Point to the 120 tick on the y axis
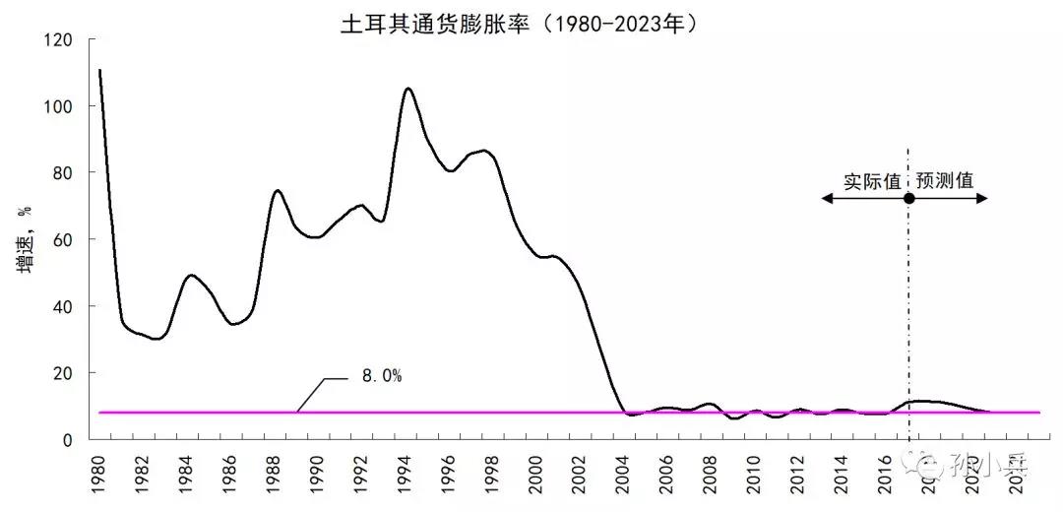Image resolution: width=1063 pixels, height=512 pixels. pyautogui.click(x=61, y=39)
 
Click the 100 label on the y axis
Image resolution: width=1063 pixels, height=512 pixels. pyautogui.click(x=61, y=106)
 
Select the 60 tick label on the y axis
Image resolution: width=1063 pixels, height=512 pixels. pyautogui.click(x=65, y=239)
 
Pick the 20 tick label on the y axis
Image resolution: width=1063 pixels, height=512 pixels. pyautogui.click(x=65, y=373)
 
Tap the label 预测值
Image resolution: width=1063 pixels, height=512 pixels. pyautogui.click(x=945, y=181)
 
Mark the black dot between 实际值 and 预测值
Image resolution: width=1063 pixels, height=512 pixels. pyautogui.click(x=908, y=198)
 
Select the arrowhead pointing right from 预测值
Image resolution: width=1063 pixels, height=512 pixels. pyautogui.click(x=982, y=198)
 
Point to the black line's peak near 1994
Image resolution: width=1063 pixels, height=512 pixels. pyautogui.click(x=408, y=89)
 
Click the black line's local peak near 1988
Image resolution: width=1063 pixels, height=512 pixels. pyautogui.click(x=278, y=190)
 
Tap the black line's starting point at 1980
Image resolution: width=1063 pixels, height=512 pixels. pyautogui.click(x=100, y=70)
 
